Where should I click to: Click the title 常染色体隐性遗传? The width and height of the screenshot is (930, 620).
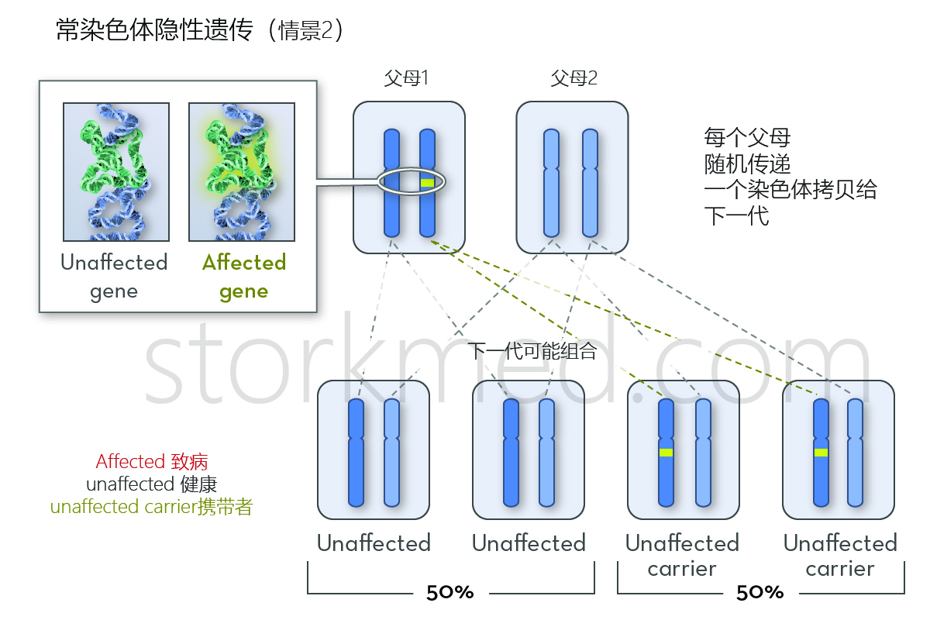(154, 31)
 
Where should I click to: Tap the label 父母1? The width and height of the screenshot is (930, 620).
(407, 78)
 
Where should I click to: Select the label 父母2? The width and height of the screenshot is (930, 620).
(573, 78)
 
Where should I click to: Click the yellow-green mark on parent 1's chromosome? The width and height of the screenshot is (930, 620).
(427, 183)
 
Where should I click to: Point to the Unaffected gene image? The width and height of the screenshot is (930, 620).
(116, 171)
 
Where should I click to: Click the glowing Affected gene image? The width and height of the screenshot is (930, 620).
(242, 171)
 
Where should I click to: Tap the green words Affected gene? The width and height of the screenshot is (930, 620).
(244, 277)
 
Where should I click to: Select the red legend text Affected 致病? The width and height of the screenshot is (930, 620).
(152, 462)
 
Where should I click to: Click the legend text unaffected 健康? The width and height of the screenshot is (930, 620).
(152, 484)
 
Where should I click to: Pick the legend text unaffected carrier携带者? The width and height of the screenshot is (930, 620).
(152, 508)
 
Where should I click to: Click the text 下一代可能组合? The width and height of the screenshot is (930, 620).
(532, 351)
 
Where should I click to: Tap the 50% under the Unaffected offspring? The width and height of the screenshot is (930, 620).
(450, 593)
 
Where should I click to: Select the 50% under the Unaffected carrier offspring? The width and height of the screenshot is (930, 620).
(759, 593)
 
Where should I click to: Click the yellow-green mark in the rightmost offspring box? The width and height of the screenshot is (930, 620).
(821, 453)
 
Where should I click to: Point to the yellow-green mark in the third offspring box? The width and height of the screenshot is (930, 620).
(666, 453)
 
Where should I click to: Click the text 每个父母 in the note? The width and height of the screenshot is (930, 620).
(747, 139)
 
